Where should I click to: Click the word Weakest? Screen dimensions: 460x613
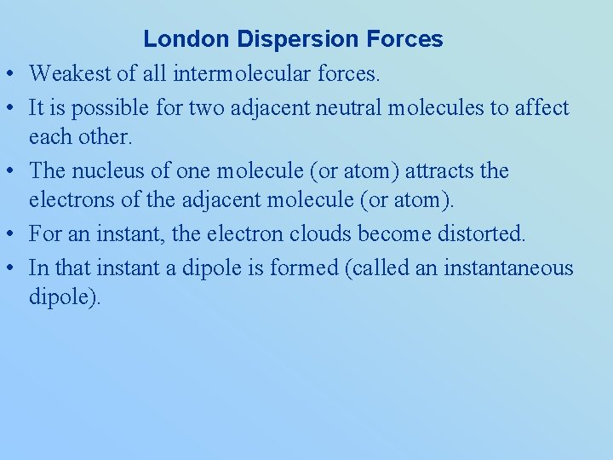click(x=70, y=75)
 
